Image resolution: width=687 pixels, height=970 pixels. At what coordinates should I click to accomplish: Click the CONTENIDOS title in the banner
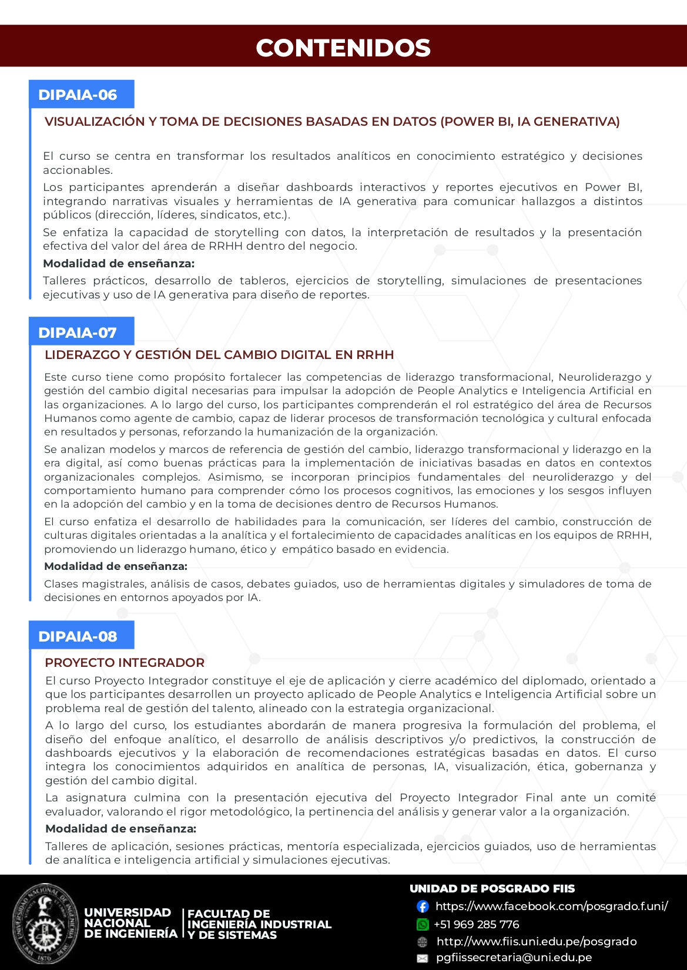coord(343,48)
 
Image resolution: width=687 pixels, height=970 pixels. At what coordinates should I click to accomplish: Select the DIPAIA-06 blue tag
coord(78,95)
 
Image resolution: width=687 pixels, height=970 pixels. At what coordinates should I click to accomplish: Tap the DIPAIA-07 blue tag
coord(78,333)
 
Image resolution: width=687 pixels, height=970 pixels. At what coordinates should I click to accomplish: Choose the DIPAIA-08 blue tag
coord(78,636)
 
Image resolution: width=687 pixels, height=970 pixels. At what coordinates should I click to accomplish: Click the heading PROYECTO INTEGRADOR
coord(125,662)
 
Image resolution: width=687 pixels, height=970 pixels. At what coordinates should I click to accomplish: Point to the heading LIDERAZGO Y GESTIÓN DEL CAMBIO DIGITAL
coord(219,355)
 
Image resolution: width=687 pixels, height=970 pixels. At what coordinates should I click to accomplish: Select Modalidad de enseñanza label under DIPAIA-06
coord(119,263)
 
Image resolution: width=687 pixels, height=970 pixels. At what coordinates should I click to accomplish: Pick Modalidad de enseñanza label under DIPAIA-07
coord(116,566)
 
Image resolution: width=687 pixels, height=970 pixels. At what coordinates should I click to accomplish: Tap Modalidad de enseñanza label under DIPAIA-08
coord(120,828)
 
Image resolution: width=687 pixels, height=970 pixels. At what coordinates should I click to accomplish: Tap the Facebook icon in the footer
coord(423,907)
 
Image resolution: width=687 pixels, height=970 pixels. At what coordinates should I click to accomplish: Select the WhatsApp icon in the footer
coord(423,925)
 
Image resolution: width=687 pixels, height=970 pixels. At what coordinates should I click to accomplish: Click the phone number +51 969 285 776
coord(476,925)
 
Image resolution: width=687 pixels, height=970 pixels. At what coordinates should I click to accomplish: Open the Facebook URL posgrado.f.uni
coord(551,907)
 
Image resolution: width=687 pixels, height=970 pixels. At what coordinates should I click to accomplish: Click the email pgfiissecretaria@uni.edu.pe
coord(514,958)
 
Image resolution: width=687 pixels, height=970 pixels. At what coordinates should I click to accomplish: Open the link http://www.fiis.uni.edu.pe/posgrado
coord(536,941)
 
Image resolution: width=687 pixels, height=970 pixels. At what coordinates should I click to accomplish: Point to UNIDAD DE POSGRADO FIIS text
coord(492,888)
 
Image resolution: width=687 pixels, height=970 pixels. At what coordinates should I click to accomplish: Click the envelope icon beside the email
coord(423,958)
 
